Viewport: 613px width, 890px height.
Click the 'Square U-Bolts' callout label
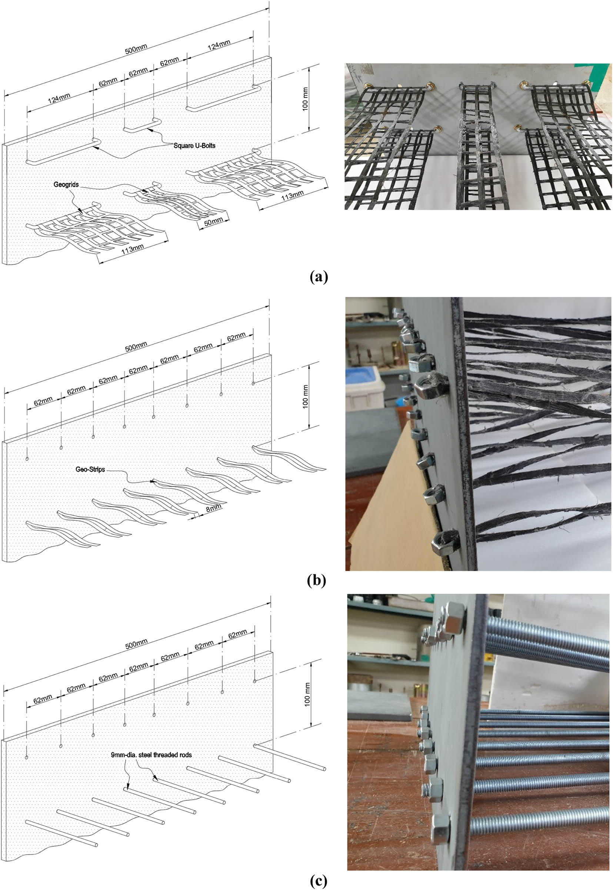194,145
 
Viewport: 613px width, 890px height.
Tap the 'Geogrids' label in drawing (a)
66,185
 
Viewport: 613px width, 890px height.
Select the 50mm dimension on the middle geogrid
213,222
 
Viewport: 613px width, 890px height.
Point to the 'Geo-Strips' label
90,469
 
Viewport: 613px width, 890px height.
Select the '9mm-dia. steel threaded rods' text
151,755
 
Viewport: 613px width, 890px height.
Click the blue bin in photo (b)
364,386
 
